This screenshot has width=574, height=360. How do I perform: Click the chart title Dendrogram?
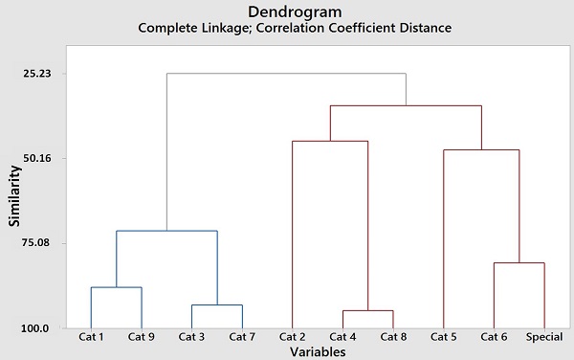[x=294, y=11]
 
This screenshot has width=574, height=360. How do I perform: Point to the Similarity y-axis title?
[x=15, y=201]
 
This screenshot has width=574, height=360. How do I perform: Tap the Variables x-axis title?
[x=317, y=351]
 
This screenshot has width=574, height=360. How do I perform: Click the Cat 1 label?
[x=91, y=337]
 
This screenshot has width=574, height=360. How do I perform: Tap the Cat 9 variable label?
[x=142, y=337]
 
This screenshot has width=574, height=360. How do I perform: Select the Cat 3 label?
[x=191, y=337]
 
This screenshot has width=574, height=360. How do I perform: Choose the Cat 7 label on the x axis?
[x=242, y=337]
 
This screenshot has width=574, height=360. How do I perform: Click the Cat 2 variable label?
[x=293, y=337]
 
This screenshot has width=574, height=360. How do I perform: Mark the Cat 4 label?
[x=342, y=337]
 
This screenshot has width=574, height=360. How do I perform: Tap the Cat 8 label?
[x=393, y=337]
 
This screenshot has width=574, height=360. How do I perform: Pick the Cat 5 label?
[x=444, y=337]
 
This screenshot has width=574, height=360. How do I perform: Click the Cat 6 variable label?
[x=494, y=337]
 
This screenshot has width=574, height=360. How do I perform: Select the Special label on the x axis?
[x=543, y=337]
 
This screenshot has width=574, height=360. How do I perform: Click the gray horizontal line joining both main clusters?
[x=287, y=74]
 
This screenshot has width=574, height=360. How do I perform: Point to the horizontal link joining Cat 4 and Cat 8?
[x=368, y=310]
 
